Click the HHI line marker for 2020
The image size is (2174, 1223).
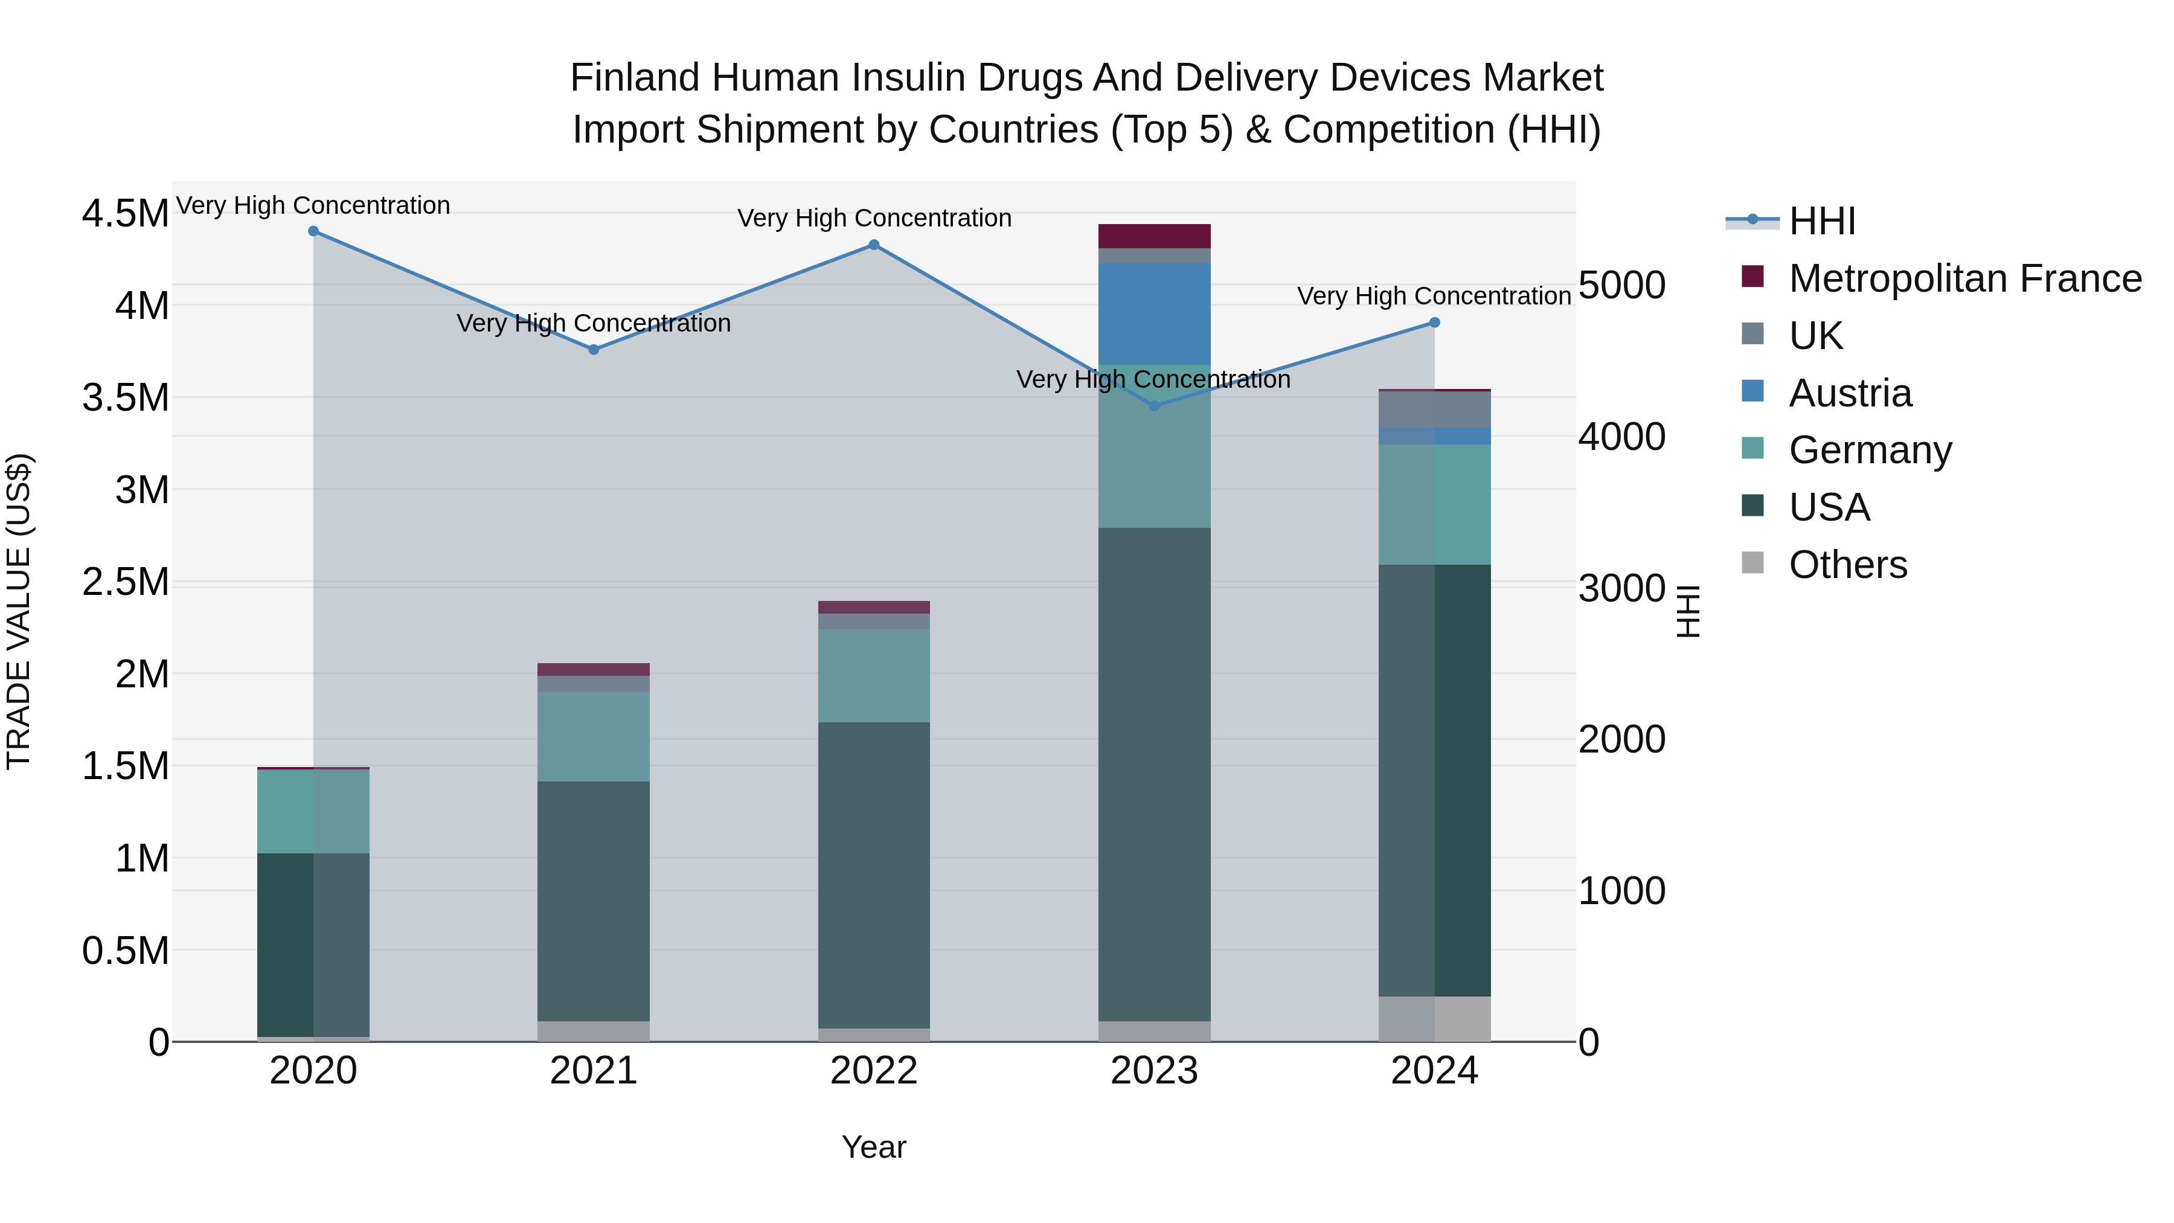(x=313, y=231)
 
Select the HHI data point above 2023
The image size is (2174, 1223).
(x=1155, y=406)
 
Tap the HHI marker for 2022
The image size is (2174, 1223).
(x=873, y=245)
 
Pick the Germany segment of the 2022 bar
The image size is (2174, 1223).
(x=873, y=675)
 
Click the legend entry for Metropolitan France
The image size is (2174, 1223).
(x=1964, y=278)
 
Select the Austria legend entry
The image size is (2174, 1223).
(x=1850, y=393)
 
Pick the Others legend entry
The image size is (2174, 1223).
(x=1847, y=565)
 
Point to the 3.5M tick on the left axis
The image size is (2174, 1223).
(x=125, y=397)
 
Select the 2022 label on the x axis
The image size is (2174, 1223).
(x=873, y=1071)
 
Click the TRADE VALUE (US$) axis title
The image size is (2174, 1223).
(x=19, y=611)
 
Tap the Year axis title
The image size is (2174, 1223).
(x=873, y=1147)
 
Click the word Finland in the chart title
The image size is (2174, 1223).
(x=634, y=78)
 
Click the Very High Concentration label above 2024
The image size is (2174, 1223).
(x=1433, y=297)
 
